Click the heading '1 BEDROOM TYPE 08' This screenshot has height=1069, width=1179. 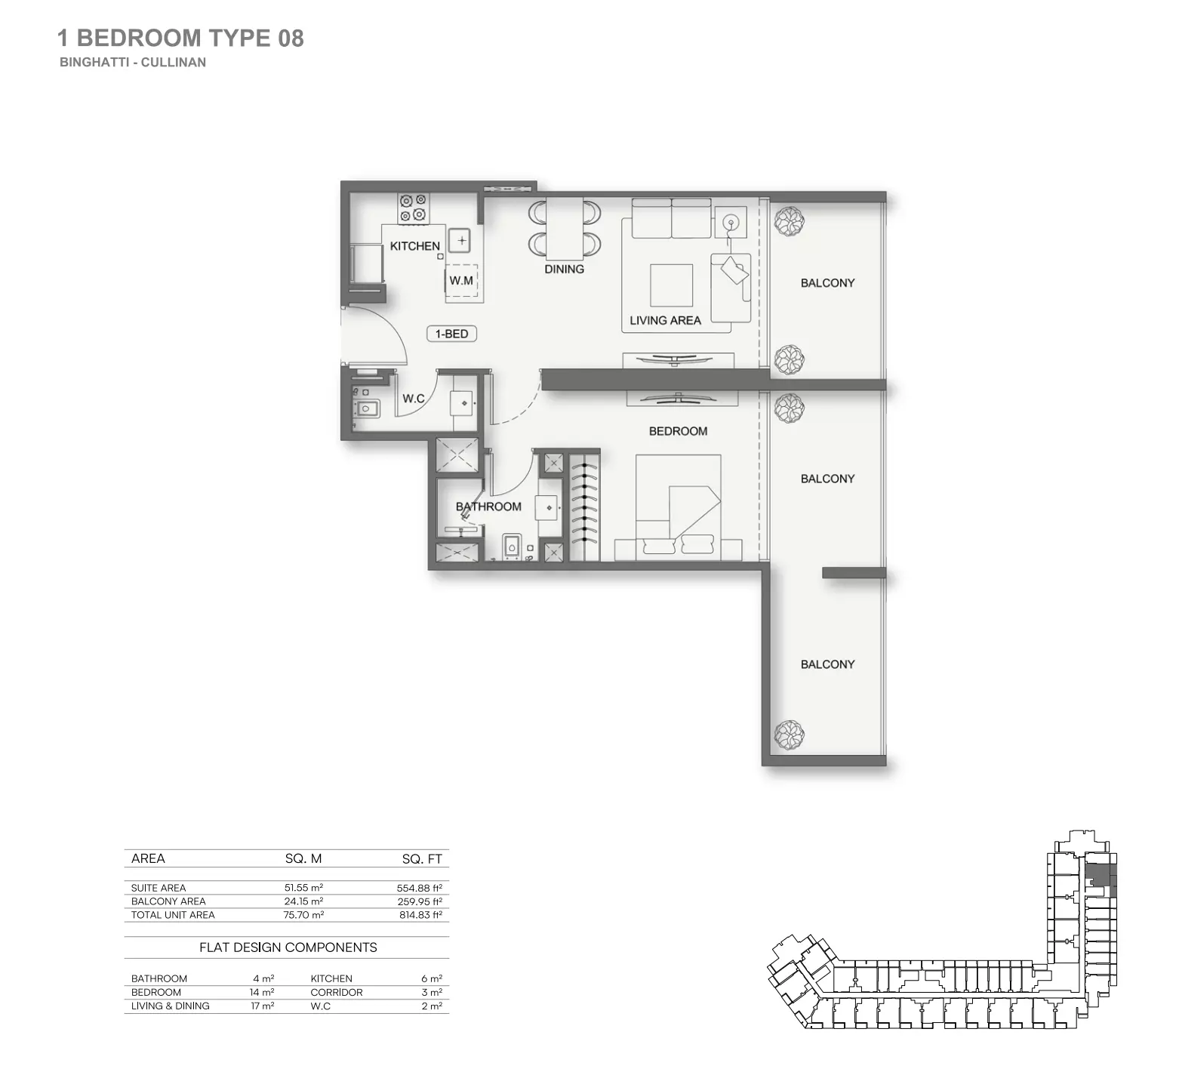[x=180, y=38]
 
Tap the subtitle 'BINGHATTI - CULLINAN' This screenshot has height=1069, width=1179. [x=133, y=63]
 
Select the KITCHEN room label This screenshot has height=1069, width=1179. [x=414, y=246]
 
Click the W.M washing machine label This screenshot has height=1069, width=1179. [x=461, y=281]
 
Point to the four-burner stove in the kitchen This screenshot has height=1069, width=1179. [x=413, y=208]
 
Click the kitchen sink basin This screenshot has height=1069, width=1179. [x=460, y=241]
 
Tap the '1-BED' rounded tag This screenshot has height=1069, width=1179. [x=451, y=334]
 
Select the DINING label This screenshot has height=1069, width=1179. [x=564, y=269]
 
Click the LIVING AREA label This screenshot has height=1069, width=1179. [x=665, y=320]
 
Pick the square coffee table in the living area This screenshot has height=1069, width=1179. [x=671, y=285]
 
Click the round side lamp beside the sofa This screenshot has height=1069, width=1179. [x=730, y=222]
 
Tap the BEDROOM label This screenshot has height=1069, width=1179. [x=678, y=431]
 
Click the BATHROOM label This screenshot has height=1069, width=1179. [x=488, y=507]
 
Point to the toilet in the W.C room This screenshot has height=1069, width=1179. [x=367, y=408]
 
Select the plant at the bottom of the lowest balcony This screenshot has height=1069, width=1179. [x=789, y=733]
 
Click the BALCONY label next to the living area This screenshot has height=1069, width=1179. [x=827, y=283]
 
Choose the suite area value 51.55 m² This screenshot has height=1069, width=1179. [x=303, y=888]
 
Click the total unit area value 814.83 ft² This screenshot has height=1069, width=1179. [x=420, y=915]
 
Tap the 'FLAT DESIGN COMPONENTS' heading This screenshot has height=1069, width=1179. [x=288, y=947]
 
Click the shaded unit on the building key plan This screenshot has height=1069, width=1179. [x=1097, y=876]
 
